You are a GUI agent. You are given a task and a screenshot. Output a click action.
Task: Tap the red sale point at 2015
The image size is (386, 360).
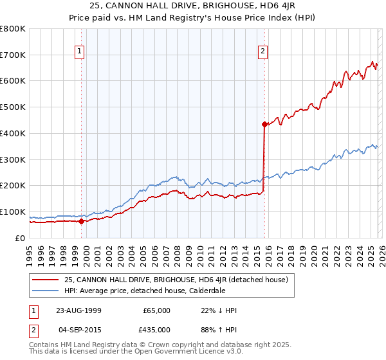264,124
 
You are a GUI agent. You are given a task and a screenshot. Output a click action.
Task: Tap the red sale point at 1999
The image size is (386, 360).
81,221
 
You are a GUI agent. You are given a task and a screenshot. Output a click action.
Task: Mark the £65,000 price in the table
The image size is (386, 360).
156,310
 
